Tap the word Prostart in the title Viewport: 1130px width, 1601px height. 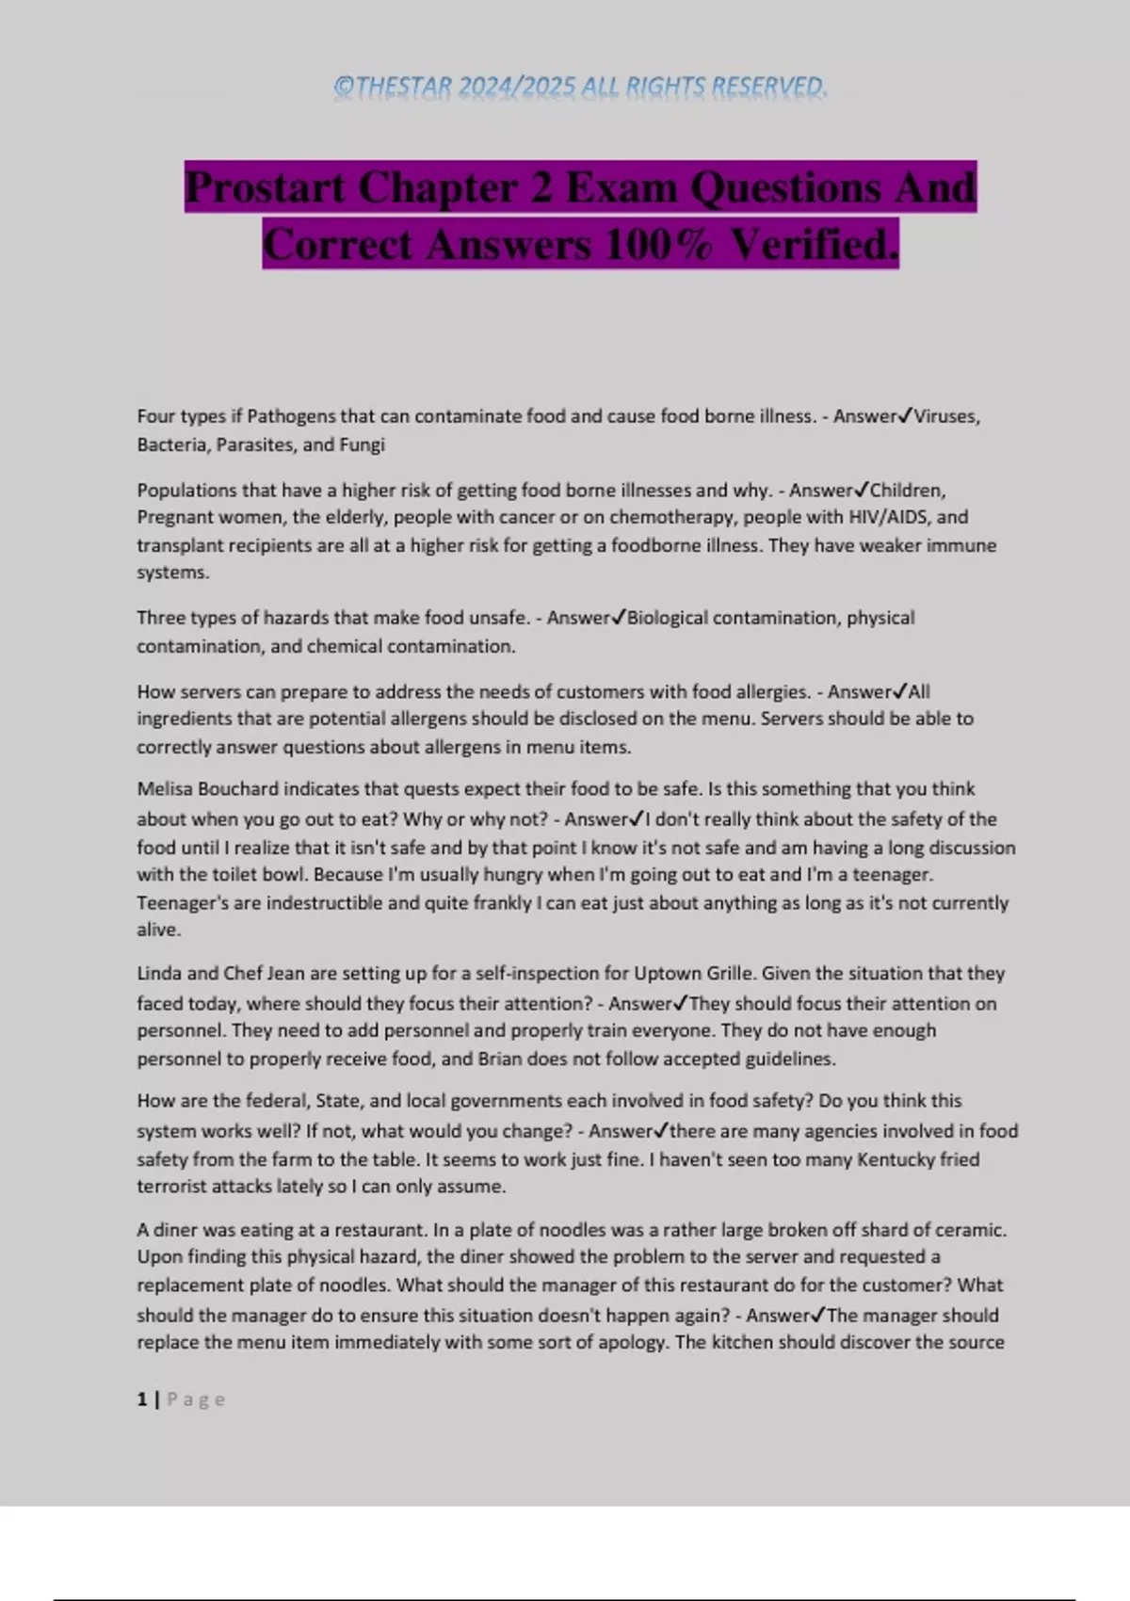pos(265,187)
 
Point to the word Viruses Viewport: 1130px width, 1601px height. pos(946,416)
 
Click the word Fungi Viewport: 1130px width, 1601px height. pos(362,445)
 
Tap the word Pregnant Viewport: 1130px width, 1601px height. pos(175,517)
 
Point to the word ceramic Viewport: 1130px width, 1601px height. pos(973,1230)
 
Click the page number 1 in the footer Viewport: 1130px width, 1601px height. pos(142,1399)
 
